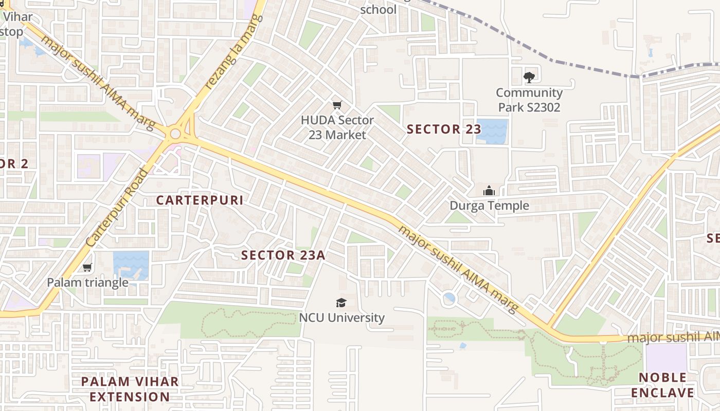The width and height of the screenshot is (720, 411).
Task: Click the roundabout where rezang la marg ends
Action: (175, 134)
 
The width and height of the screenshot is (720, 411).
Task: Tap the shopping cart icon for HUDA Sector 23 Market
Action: (337, 105)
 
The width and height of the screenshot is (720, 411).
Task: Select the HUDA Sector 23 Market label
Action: (337, 127)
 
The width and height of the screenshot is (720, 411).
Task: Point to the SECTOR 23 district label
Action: (443, 129)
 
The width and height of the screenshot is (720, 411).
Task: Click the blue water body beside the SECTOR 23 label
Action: (492, 132)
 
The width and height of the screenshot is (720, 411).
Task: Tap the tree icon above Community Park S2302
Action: (529, 78)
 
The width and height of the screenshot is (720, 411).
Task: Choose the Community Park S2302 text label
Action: (529, 100)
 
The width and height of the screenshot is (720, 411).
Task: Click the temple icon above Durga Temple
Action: (489, 191)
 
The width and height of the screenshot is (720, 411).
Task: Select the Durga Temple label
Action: (489, 206)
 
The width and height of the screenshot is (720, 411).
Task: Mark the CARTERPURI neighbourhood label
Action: (200, 200)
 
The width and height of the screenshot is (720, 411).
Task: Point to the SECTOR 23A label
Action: (283, 255)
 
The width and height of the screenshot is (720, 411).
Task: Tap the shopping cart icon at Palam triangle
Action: (87, 268)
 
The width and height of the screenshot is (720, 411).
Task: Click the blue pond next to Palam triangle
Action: (131, 265)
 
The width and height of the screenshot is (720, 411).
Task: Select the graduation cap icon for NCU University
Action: (341, 303)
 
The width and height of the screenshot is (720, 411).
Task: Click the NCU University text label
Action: (341, 317)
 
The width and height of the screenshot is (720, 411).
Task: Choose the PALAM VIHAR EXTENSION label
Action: (130, 389)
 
